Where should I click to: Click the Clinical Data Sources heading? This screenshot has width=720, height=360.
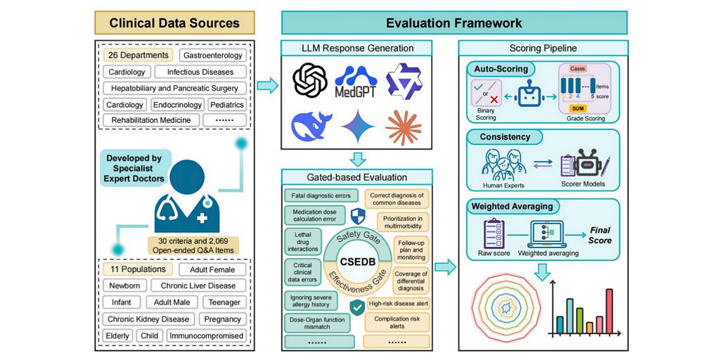pyautogui.click(x=174, y=22)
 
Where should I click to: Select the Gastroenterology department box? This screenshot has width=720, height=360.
pyautogui.click(x=212, y=55)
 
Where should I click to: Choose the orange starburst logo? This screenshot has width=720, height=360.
pyautogui.click(x=404, y=127)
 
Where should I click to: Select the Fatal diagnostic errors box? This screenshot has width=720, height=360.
pyautogui.click(x=321, y=195)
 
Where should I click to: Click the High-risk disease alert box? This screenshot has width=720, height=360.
pyautogui.click(x=398, y=304)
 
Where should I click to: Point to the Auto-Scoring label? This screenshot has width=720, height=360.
pyautogui.click(x=500, y=69)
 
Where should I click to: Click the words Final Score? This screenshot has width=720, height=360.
pyautogui.click(x=600, y=235)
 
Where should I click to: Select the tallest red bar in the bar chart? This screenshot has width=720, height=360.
pyautogui.click(x=610, y=311)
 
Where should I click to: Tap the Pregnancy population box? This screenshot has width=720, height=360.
pyautogui.click(x=221, y=319)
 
